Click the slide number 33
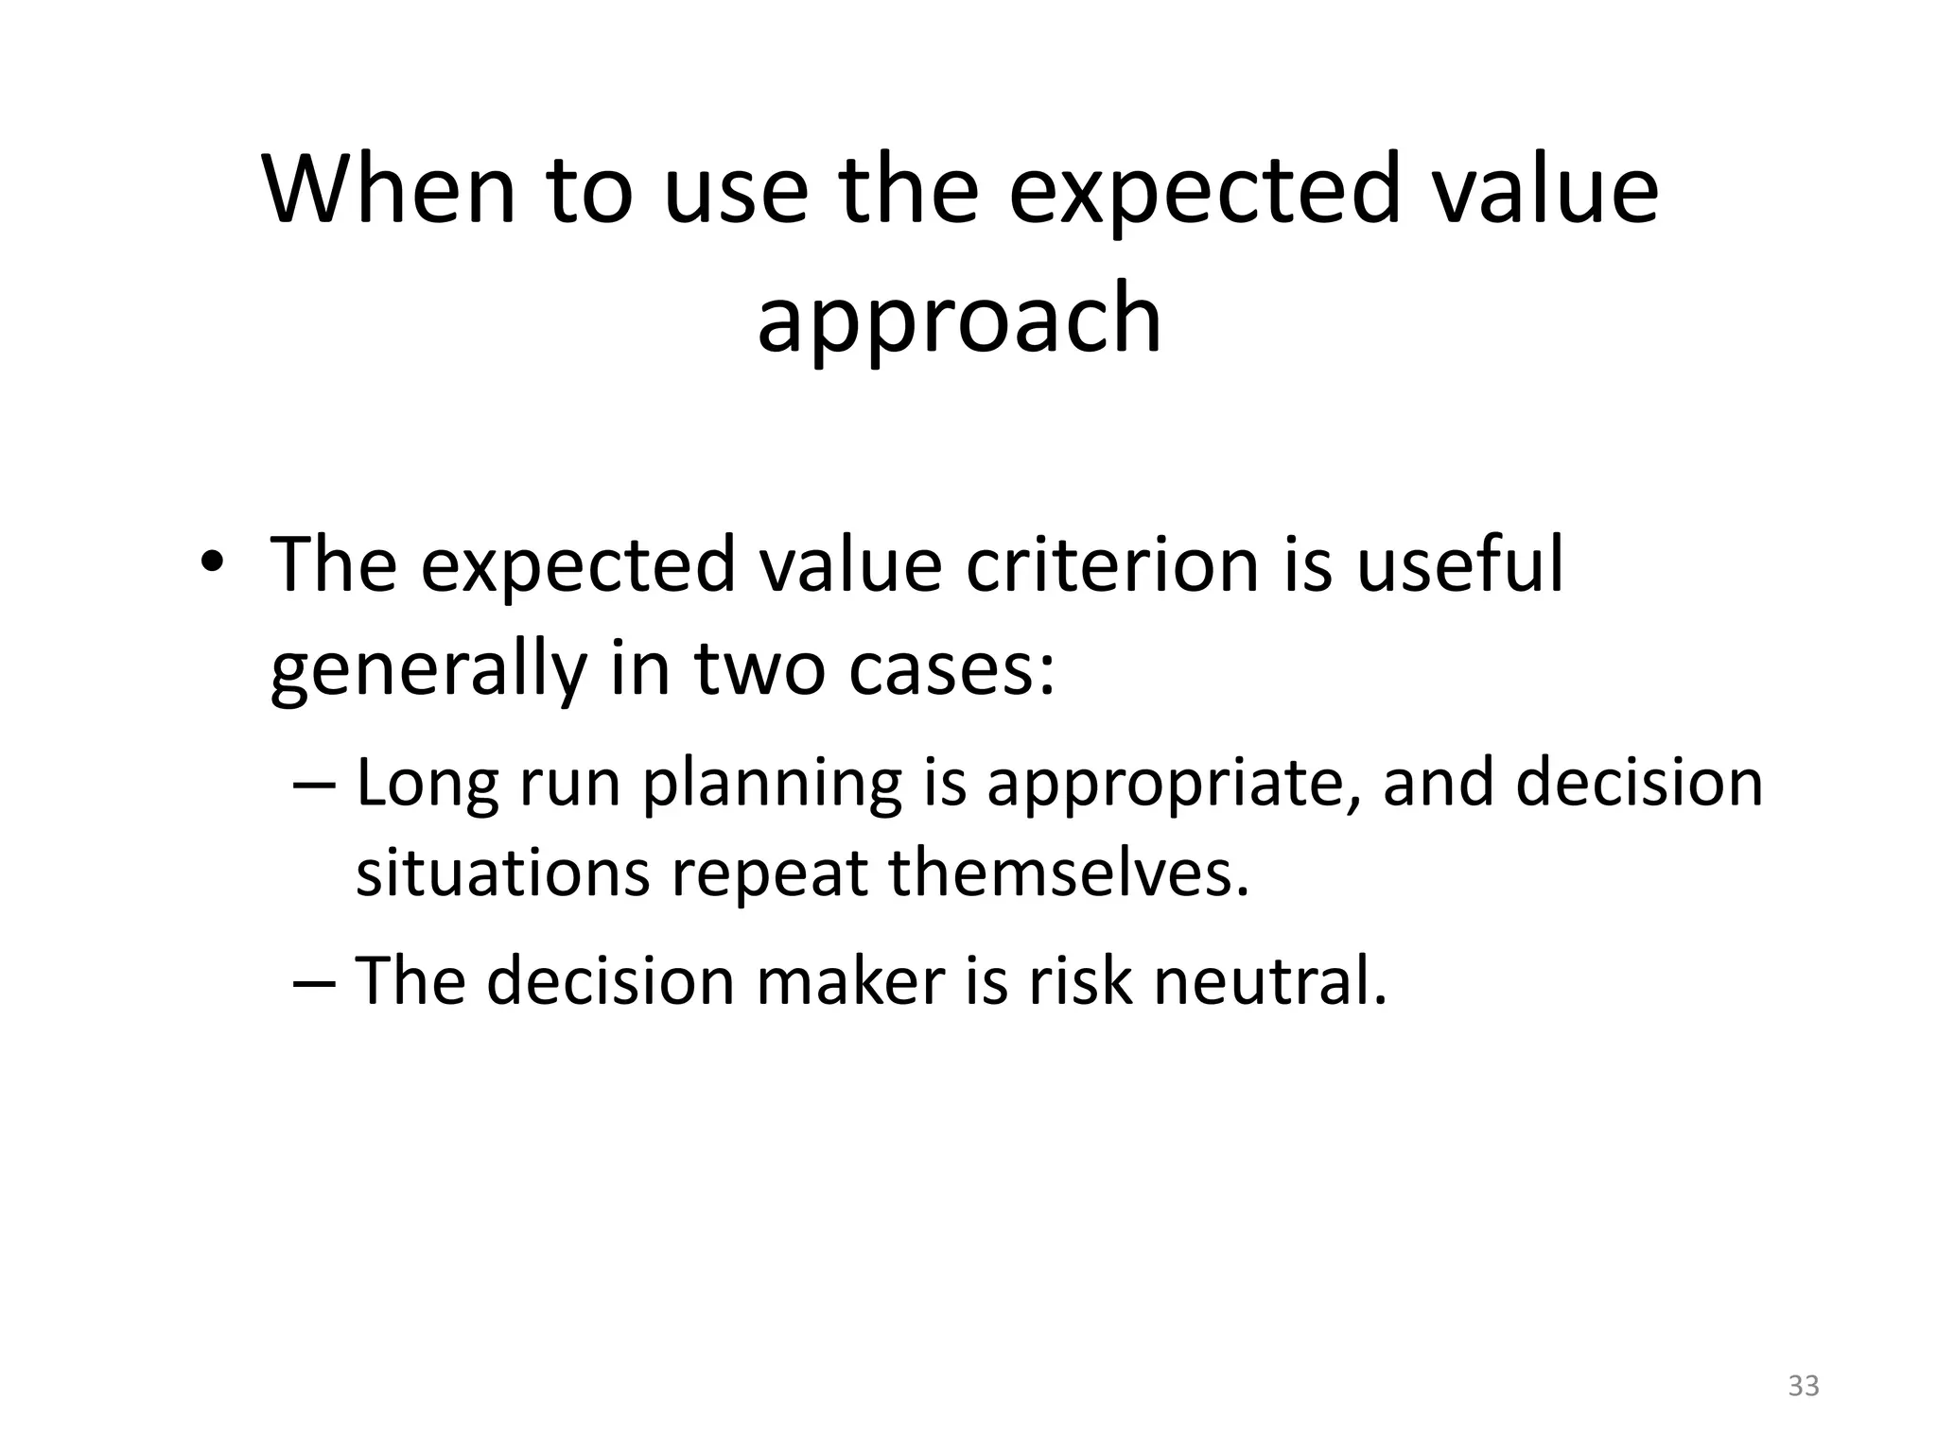click(1804, 1386)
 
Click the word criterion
click(1112, 565)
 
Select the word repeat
click(768, 873)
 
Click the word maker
click(850, 980)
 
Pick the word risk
click(1079, 980)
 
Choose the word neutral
click(1269, 980)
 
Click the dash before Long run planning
click(314, 785)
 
